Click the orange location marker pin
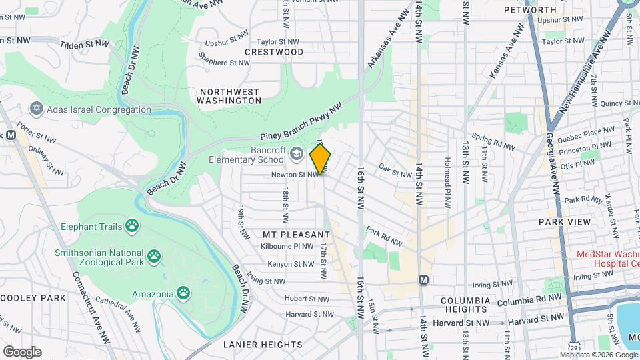(x=321, y=159)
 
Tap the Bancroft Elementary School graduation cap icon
(x=295, y=155)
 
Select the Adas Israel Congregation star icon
(x=37, y=109)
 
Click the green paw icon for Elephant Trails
(x=133, y=226)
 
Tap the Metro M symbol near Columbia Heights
(x=423, y=279)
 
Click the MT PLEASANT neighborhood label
(x=296, y=235)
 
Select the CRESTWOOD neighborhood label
(x=274, y=52)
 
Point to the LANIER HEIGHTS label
(x=263, y=345)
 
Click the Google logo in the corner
(x=22, y=351)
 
